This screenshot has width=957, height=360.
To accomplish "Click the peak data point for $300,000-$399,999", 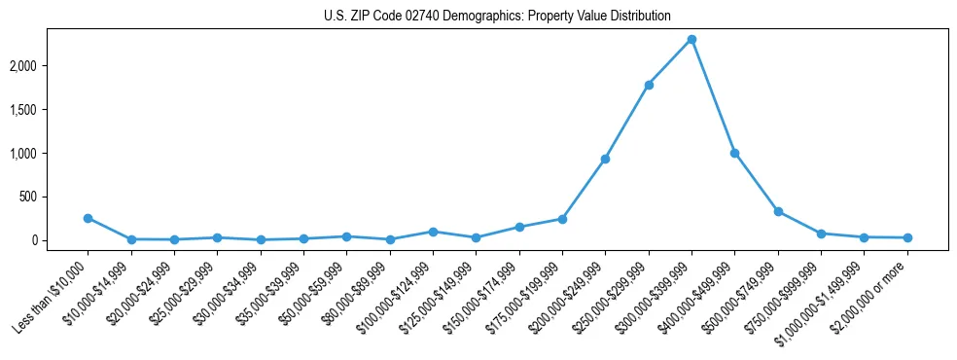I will (691, 39).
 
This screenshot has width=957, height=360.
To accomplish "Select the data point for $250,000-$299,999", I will (649, 85).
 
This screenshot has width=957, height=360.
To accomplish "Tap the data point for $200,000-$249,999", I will (605, 159).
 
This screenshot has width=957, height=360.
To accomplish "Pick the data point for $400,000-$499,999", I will (735, 153).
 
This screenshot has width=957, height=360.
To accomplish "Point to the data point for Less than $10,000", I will (88, 218).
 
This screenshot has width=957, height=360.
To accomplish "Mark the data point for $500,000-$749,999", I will (778, 211).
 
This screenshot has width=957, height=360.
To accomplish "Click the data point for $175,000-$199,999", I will (562, 219).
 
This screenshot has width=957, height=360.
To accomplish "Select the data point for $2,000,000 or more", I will (907, 237).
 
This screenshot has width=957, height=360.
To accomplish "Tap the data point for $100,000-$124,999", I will (433, 232).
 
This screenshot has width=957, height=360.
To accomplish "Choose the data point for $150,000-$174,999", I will (519, 227).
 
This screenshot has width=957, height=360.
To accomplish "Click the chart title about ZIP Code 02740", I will (497, 17).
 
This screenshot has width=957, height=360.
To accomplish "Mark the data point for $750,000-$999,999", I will (821, 234).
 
